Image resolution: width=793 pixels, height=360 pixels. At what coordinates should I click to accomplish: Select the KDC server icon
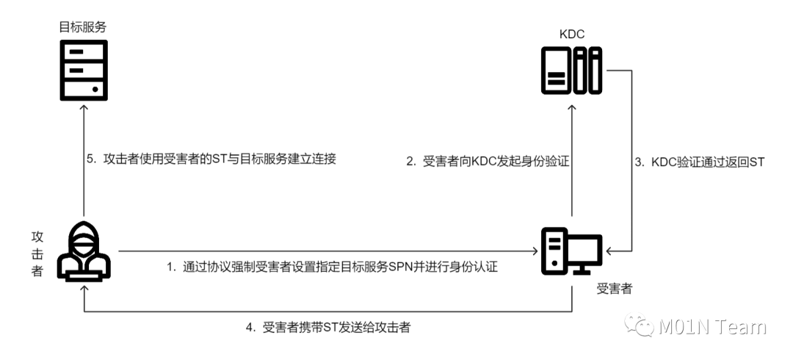pyautogui.click(x=571, y=70)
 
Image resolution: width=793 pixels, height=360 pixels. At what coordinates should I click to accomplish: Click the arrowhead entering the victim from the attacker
pyautogui.click(x=535, y=251)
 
